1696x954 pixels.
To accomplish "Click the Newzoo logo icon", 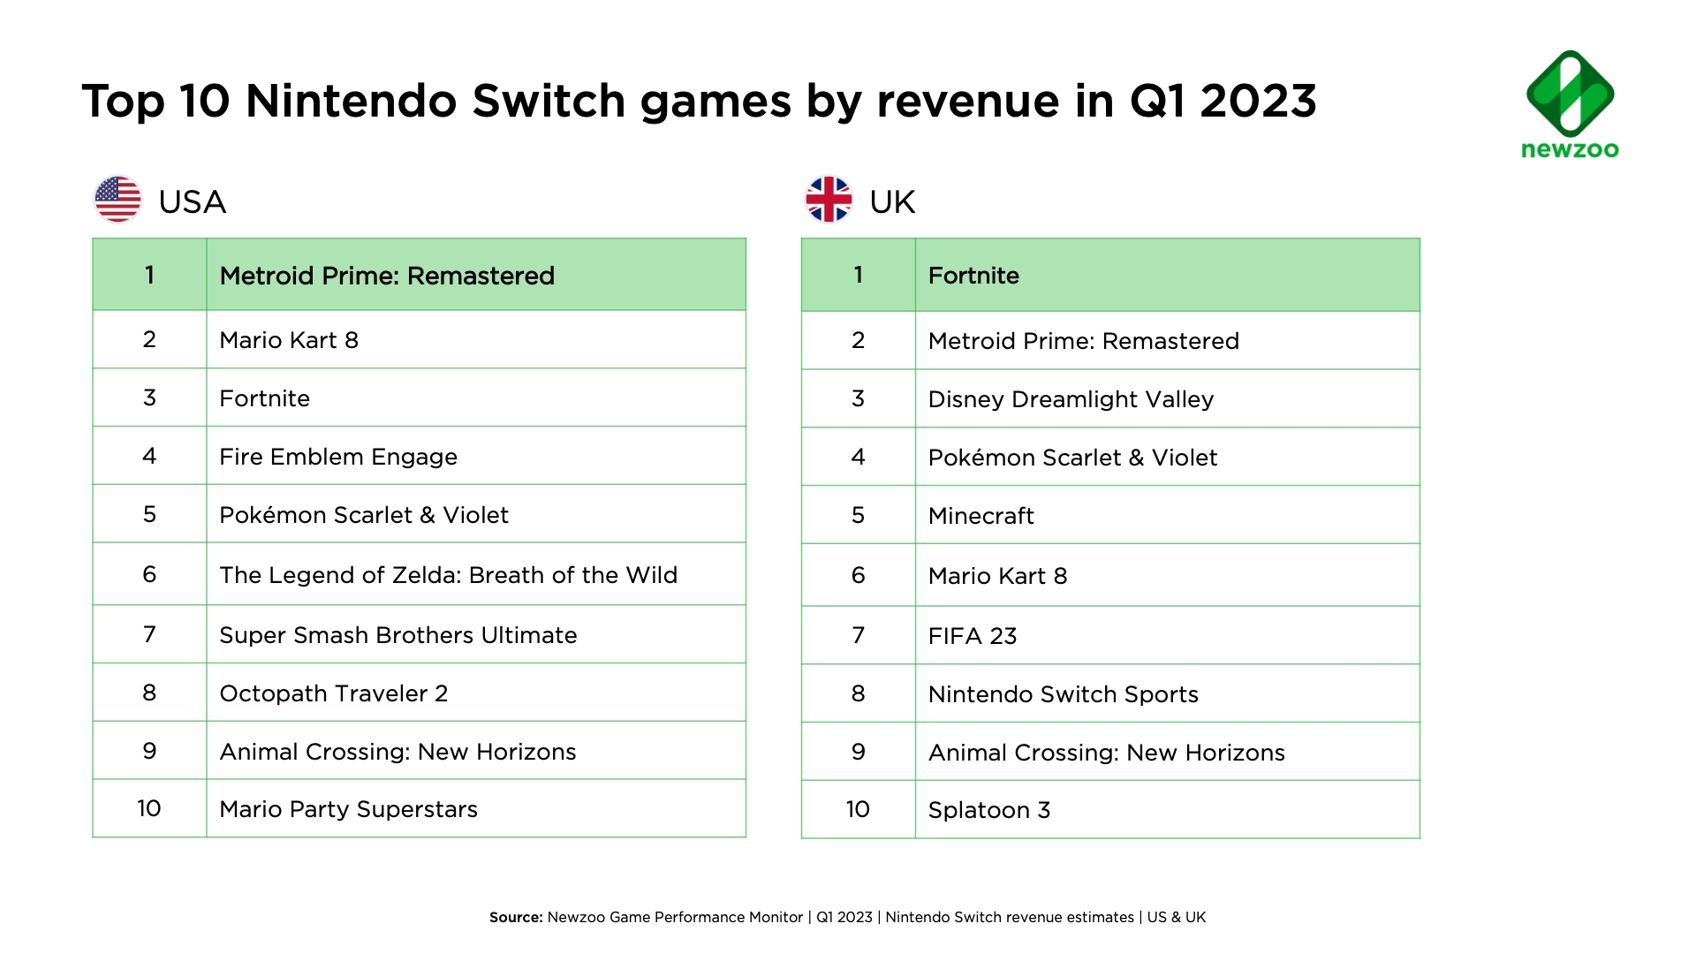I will click(1570, 93).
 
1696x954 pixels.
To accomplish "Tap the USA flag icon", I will click(117, 200).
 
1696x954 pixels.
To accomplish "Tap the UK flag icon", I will click(829, 200).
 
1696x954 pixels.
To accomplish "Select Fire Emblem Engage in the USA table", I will click(338, 457).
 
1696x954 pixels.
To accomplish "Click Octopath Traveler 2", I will click(334, 693).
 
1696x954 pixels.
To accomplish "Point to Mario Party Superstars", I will click(348, 809).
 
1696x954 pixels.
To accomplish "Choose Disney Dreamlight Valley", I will click(1071, 399).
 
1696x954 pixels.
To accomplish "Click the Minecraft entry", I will click(980, 516).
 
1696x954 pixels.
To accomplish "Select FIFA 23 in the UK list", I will click(973, 636).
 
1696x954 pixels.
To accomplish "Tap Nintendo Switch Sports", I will click(1063, 694).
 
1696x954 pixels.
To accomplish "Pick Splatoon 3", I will click(988, 810).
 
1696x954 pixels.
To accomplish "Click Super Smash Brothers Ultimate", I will click(397, 635).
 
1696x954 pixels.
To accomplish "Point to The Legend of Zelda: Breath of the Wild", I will click(448, 575).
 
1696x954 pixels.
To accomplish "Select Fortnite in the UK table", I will click(973, 276).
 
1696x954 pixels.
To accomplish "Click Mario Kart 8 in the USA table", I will click(289, 340).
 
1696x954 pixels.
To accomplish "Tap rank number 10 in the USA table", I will click(149, 808).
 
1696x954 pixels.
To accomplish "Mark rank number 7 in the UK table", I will click(858, 635).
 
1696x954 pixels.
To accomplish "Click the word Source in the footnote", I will click(516, 917).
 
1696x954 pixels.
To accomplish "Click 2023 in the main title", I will click(1258, 101).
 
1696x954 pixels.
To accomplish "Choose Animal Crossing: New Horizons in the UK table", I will click(1106, 753).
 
